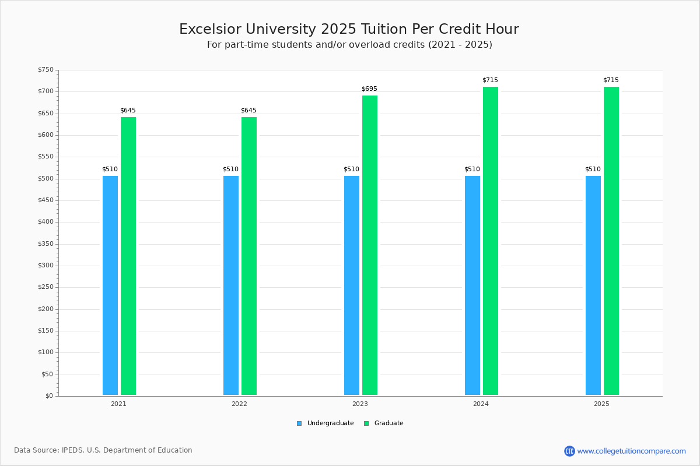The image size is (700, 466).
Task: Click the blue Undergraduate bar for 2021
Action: pyautogui.click(x=110, y=285)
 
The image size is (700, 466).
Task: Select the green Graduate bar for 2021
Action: pyautogui.click(x=128, y=256)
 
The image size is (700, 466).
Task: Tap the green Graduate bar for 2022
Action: pyautogui.click(x=249, y=256)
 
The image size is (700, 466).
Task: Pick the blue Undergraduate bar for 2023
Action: pyautogui.click(x=352, y=285)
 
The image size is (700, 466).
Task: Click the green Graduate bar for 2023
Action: pyautogui.click(x=370, y=245)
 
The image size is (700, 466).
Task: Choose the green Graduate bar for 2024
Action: pyautogui.click(x=491, y=241)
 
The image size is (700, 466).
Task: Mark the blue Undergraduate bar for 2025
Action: pyautogui.click(x=593, y=285)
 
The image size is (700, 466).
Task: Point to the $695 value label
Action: pyautogui.click(x=369, y=89)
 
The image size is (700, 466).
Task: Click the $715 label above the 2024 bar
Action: pyautogui.click(x=490, y=80)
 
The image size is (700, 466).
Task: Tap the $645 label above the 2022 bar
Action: pyautogui.click(x=249, y=110)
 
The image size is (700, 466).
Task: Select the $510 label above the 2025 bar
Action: pyautogui.click(x=593, y=170)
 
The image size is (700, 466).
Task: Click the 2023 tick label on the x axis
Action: pyautogui.click(x=360, y=404)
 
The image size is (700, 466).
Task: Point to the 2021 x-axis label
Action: pyautogui.click(x=118, y=404)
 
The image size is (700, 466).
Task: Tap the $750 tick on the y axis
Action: pyautogui.click(x=45, y=70)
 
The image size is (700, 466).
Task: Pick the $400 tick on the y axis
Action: pyautogui.click(x=45, y=222)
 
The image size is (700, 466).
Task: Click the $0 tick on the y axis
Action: pyautogui.click(x=49, y=396)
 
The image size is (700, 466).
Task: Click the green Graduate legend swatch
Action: pyautogui.click(x=366, y=423)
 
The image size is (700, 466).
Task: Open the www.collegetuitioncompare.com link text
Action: pyautogui.click(x=631, y=451)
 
